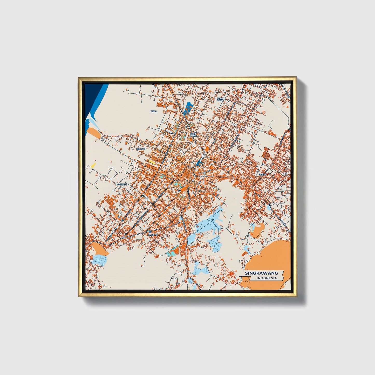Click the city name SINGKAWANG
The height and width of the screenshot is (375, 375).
pos(262,273)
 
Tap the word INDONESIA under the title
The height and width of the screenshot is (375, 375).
pos(267,278)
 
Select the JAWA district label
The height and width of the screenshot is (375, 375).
pos(154,111)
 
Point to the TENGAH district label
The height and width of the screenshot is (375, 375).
pos(141,149)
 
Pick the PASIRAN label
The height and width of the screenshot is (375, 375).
pos(153,235)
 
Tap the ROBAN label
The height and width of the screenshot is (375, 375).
pos(262,175)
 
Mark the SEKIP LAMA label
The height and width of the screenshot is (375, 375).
pos(193,135)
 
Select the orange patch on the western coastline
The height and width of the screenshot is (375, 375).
pos(94,133)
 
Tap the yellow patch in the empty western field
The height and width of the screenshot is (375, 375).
pos(93,165)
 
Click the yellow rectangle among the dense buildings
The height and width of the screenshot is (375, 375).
pos(152,162)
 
